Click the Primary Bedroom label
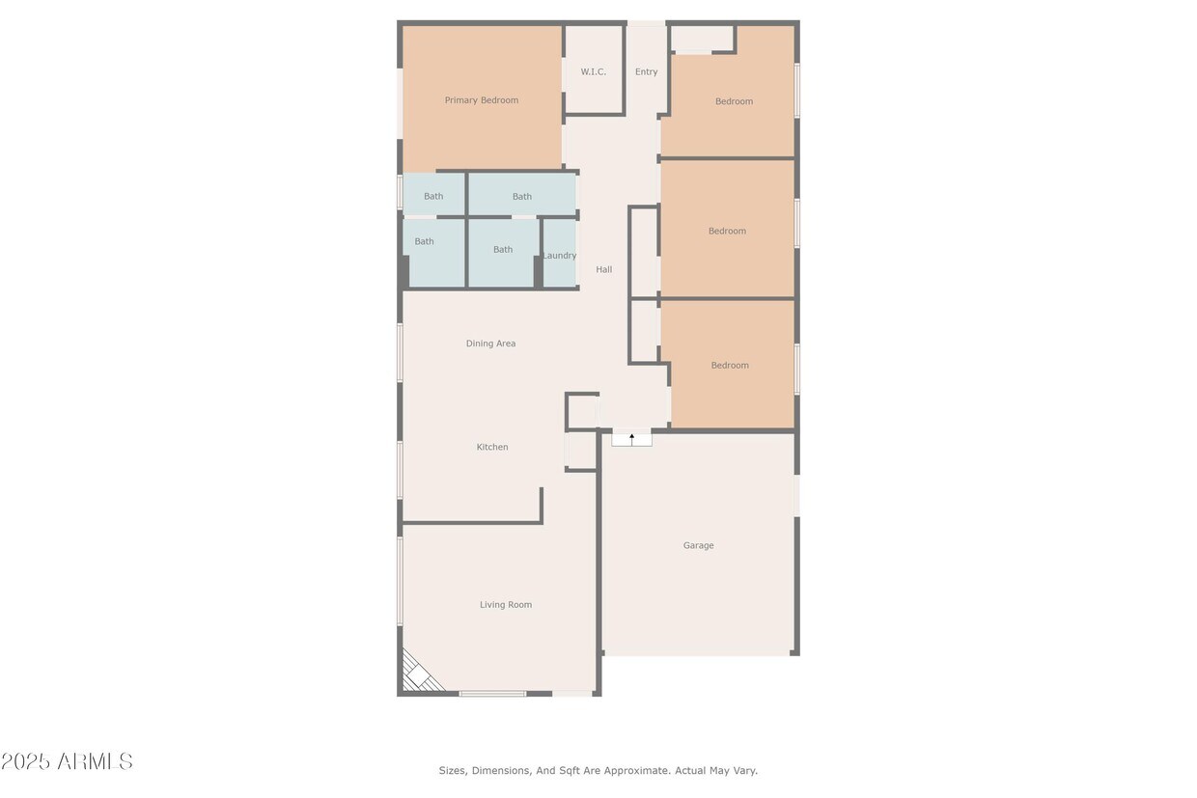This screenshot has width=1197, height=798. pyautogui.click(x=481, y=100)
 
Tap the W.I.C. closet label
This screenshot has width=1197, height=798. pyautogui.click(x=593, y=72)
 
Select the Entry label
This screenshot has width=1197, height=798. pyautogui.click(x=646, y=72)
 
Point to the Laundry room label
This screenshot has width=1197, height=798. pyautogui.click(x=559, y=256)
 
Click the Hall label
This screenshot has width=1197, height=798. pyautogui.click(x=603, y=270)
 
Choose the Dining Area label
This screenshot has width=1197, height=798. pyautogui.click(x=490, y=344)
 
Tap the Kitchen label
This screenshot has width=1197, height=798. pyautogui.click(x=492, y=447)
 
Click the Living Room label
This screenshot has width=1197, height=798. pyautogui.click(x=506, y=605)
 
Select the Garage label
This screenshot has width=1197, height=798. pyautogui.click(x=698, y=545)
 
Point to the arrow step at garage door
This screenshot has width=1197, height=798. pyautogui.click(x=632, y=437)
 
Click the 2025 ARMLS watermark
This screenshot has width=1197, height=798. pyautogui.click(x=67, y=761)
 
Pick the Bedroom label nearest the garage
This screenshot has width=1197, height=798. pyautogui.click(x=730, y=366)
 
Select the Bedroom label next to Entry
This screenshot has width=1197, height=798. pyautogui.click(x=734, y=101)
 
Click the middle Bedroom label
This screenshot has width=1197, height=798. pyautogui.click(x=727, y=232)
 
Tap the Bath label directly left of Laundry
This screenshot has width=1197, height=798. pyautogui.click(x=503, y=250)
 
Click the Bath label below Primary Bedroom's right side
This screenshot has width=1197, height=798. pyautogui.click(x=522, y=197)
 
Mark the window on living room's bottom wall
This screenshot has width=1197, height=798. pyautogui.click(x=492, y=693)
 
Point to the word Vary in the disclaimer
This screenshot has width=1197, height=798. pyautogui.click(x=744, y=771)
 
